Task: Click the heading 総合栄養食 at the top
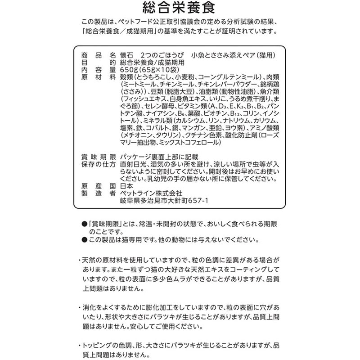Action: pos(180,9)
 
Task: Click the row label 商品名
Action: pos(96,56)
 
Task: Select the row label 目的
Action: pos(96,63)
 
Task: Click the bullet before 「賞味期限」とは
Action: pos(84,224)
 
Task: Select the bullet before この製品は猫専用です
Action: pos(84,239)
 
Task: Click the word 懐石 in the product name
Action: pos(127,56)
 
